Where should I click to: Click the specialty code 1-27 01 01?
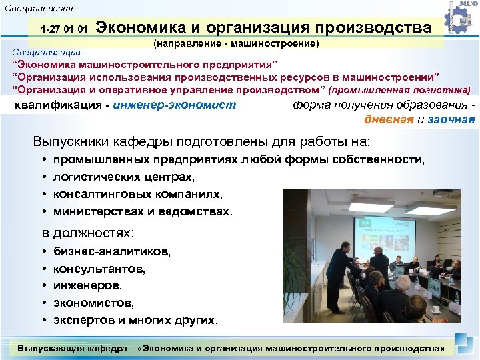tap(64, 30)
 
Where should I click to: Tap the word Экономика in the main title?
tap(141, 28)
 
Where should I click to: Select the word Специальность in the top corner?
tap(40, 9)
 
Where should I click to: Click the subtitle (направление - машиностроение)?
tap(237, 44)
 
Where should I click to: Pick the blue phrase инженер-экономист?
tap(175, 105)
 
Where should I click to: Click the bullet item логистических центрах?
tap(124, 177)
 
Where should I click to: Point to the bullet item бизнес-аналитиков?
tap(111, 251)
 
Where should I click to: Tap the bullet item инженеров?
tap(87, 285)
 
